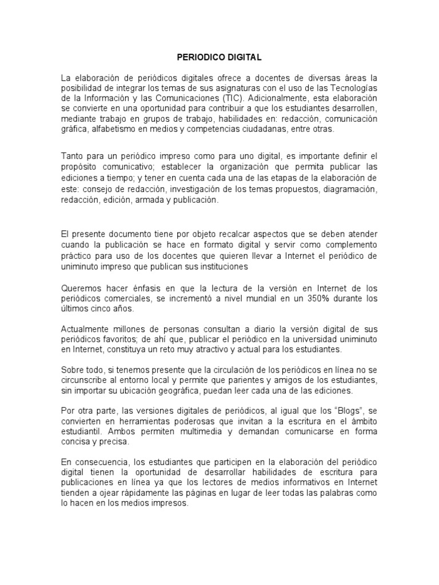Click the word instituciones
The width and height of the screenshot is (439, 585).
point(217,267)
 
